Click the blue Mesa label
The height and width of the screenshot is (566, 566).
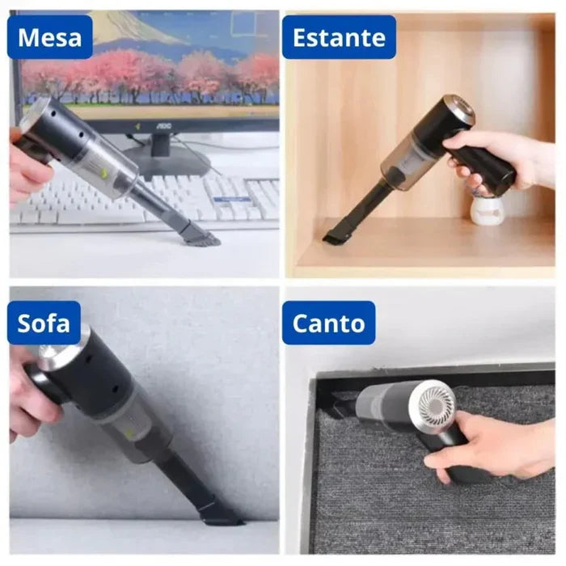[48, 37]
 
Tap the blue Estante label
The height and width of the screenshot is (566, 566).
[339, 37]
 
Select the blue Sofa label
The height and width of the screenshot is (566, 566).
[44, 323]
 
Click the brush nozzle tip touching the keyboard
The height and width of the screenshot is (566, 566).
[201, 235]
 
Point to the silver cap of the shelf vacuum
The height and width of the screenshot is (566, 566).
[458, 109]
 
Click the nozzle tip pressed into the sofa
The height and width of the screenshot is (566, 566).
[218, 513]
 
